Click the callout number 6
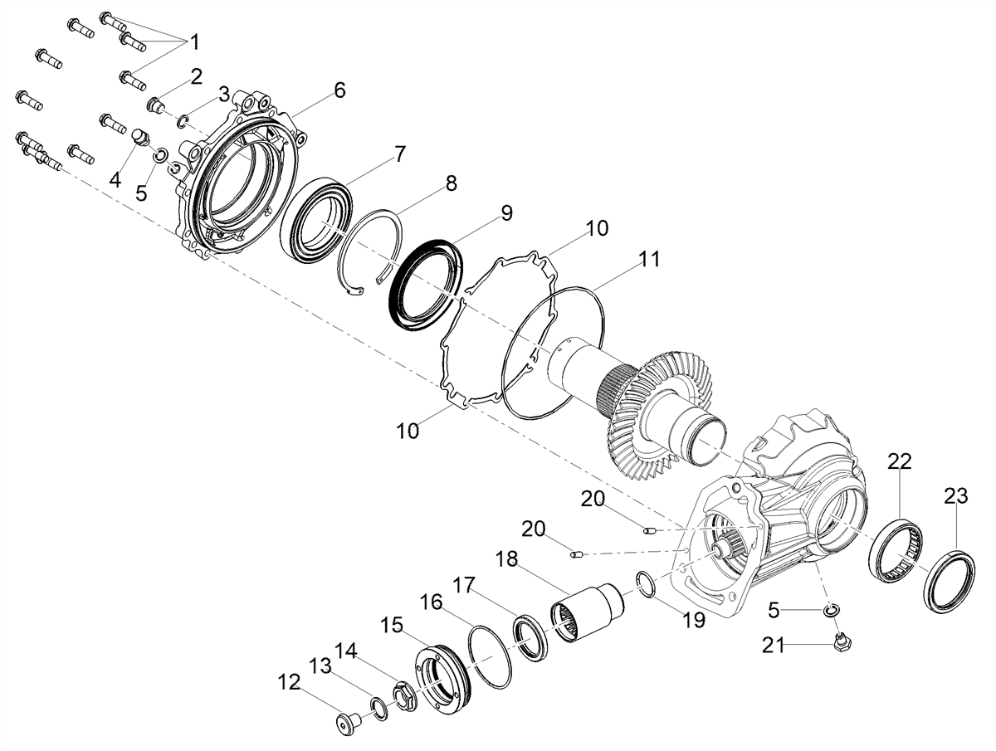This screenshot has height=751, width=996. pyautogui.click(x=339, y=90)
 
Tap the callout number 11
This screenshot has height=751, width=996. pyautogui.click(x=649, y=259)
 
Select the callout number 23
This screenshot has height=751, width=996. pyautogui.click(x=955, y=496)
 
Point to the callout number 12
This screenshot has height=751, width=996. pyautogui.click(x=289, y=682)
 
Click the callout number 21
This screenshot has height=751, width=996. pyautogui.click(x=774, y=646)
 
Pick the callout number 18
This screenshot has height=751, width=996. pyautogui.click(x=506, y=559)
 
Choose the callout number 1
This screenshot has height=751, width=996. pyautogui.click(x=194, y=42)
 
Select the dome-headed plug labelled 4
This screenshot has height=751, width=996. pyautogui.click(x=140, y=137)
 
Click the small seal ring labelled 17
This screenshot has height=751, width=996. pyautogui.click(x=530, y=637)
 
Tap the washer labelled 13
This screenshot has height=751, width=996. pyautogui.click(x=378, y=709)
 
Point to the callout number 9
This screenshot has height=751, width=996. pyautogui.click(x=506, y=213)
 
